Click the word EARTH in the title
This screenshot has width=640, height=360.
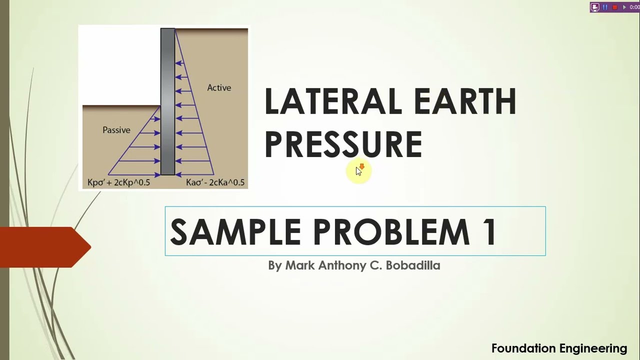pos(465,101)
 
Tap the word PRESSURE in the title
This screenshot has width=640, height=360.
pos(343,144)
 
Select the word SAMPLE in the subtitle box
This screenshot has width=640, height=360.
pos(235,231)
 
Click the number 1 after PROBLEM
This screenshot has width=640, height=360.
pos(489,231)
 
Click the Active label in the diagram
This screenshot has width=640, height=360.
pos(219,88)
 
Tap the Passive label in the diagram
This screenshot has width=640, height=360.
pos(116,130)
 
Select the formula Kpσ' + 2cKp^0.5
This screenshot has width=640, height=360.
pos(118,182)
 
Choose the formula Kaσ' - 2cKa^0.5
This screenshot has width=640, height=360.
pos(215,182)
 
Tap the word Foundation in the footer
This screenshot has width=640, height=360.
pos(523,348)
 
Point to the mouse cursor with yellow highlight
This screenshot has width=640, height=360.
pos(358,171)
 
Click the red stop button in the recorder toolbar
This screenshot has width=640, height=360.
pos(615,7)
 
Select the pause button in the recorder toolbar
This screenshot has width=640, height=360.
pos(605,7)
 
